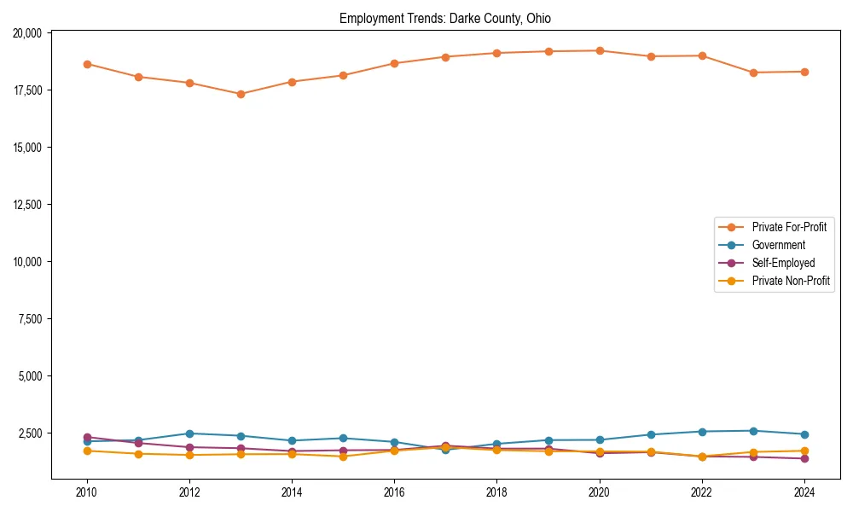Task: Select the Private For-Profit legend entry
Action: (x=783, y=227)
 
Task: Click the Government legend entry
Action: (x=778, y=245)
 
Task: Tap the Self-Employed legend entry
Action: (x=783, y=263)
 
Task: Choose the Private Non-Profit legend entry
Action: (x=791, y=281)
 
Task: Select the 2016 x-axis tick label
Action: (x=394, y=492)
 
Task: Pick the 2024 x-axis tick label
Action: (x=804, y=492)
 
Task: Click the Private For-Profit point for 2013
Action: (x=241, y=94)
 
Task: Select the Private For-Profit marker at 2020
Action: (x=600, y=50)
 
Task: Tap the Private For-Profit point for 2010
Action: (x=87, y=64)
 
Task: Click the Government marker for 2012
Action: (x=189, y=433)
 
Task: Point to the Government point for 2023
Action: (x=753, y=431)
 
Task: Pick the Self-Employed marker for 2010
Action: (x=87, y=437)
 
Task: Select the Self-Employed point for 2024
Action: (x=804, y=458)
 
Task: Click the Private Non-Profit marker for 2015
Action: (x=343, y=457)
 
